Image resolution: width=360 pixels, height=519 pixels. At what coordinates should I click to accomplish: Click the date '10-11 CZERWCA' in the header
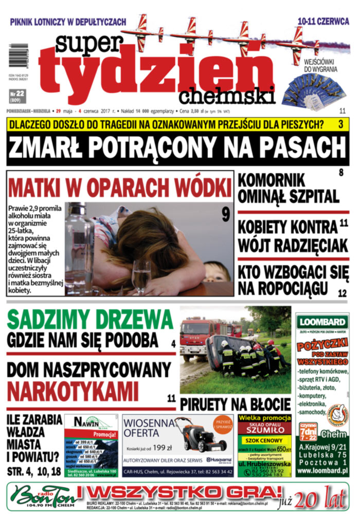click(x=323, y=22)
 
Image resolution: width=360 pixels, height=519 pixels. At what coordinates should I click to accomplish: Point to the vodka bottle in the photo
click(x=79, y=247)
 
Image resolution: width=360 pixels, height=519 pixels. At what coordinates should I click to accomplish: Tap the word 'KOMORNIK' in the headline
click(x=273, y=180)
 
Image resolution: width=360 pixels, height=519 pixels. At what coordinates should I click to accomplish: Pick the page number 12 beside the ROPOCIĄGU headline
click(x=343, y=293)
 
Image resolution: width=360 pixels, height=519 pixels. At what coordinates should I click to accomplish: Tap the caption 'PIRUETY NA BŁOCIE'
click(x=235, y=404)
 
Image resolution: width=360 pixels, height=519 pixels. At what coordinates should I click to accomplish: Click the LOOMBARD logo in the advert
click(x=322, y=322)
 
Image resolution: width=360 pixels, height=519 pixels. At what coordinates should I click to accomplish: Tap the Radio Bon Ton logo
click(x=41, y=496)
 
